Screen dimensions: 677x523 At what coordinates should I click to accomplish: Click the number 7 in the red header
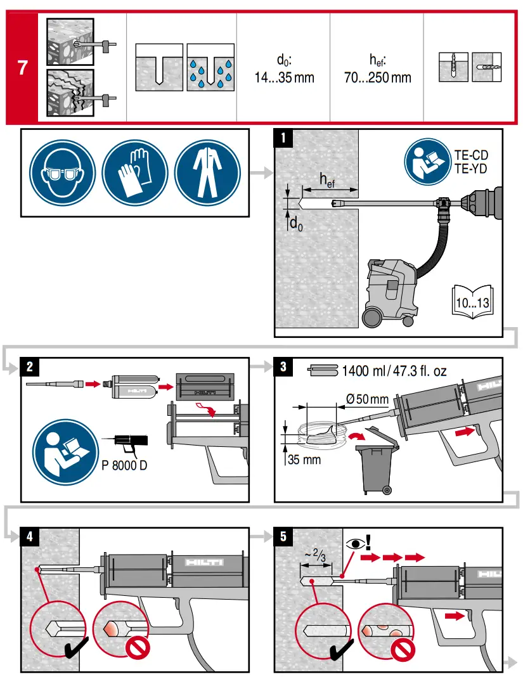(22, 67)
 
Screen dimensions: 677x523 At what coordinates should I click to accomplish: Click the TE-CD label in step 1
(471, 155)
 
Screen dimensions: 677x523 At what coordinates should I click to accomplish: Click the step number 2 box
(30, 366)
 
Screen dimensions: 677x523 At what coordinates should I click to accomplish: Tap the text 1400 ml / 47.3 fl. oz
(393, 371)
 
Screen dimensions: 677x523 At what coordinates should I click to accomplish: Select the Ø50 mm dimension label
(367, 400)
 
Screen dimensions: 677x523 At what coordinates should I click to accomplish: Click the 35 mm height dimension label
(304, 459)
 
